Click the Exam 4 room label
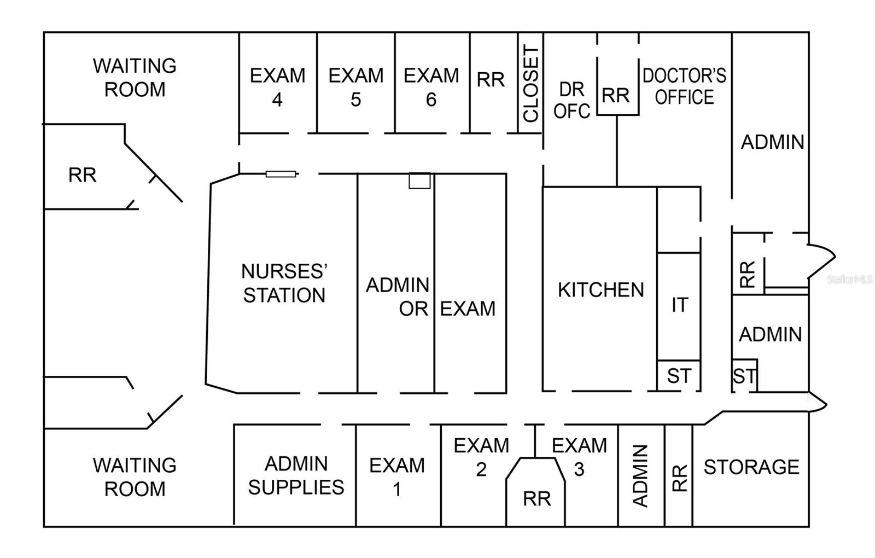pyautogui.click(x=277, y=87)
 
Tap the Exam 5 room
pyautogui.click(x=355, y=87)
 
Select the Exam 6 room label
pyautogui.click(x=431, y=87)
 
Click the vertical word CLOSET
pyautogui.click(x=531, y=84)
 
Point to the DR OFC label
pyautogui.click(x=571, y=100)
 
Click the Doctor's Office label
pyautogui.click(x=684, y=86)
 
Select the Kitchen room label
pyautogui.click(x=600, y=290)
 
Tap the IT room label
pyautogui.click(x=679, y=305)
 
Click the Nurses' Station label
pyautogui.click(x=284, y=283)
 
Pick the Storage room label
pyautogui.click(x=751, y=467)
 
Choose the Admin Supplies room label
pyautogui.click(x=296, y=475)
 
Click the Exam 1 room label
pyautogui.click(x=396, y=476)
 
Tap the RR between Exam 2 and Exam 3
pyautogui.click(x=536, y=498)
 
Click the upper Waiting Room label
pyautogui.click(x=135, y=77)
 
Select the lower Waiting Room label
pyautogui.click(x=135, y=476)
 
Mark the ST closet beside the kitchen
pyautogui.click(x=679, y=376)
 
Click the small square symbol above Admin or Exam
pyautogui.click(x=419, y=181)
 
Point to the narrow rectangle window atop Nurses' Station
pyautogui.click(x=281, y=174)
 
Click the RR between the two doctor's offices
pyautogui.click(x=616, y=96)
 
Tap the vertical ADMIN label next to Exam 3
pyautogui.click(x=640, y=475)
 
